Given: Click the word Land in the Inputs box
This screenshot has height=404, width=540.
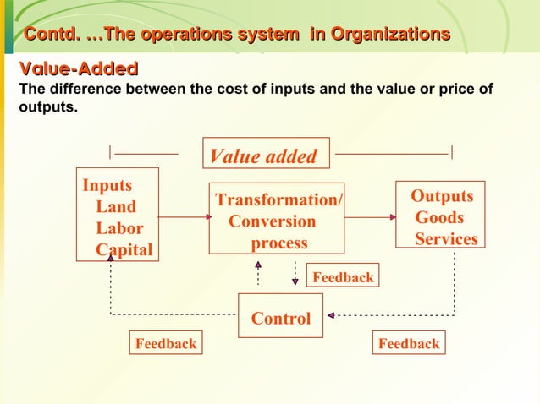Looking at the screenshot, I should (116, 207).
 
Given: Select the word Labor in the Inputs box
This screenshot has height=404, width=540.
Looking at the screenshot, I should (119, 229).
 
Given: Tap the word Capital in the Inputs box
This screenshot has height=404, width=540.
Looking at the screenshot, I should (124, 250).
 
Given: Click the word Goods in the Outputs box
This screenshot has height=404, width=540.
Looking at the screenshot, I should (439, 218).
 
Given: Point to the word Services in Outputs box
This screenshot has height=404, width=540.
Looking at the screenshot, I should (446, 240).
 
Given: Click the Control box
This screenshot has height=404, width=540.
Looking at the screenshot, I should (280, 319).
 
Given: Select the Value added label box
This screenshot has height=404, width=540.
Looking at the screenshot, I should (264, 156).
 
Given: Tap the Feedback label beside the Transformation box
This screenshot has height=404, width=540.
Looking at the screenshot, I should (343, 277).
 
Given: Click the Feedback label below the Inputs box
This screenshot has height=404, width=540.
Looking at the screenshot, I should (165, 343).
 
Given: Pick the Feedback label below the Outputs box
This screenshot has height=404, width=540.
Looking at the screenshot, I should (409, 343).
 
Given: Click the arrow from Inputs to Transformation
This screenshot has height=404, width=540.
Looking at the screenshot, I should (184, 217).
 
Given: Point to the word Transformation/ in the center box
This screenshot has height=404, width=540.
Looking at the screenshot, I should (278, 200).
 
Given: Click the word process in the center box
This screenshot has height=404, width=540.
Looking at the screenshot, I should (279, 244).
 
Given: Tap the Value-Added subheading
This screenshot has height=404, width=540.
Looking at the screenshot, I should (73, 68).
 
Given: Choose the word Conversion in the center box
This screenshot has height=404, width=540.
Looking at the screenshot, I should (273, 222).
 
